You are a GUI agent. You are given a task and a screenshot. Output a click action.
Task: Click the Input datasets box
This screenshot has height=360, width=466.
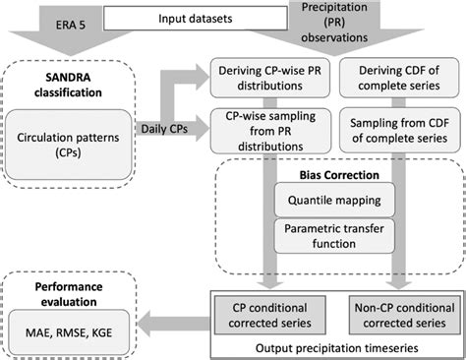pos(196,19)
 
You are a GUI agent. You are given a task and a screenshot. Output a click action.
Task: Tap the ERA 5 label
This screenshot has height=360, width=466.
pos(71,25)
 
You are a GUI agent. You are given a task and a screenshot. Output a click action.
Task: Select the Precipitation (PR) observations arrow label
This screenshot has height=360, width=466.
pos(334,23)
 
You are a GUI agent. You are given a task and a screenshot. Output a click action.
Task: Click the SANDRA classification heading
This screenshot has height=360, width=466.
pos(68,85)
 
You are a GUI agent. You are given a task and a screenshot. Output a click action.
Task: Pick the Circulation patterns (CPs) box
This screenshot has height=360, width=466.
pos(68,145)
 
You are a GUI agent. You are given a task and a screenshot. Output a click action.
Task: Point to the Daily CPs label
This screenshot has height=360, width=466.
pos(164,129)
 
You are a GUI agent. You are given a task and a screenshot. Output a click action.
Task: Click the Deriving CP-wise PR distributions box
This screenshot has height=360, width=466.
pos(270,78)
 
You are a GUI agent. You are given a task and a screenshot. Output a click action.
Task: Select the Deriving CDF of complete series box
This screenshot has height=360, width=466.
pos(399,78)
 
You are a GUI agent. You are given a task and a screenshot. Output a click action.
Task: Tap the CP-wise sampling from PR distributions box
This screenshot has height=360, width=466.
pos(270,131)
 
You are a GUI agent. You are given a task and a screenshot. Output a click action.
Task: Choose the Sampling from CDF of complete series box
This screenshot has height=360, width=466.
pos(400,131)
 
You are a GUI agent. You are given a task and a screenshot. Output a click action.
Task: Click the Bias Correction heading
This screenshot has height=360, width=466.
pos(339,175)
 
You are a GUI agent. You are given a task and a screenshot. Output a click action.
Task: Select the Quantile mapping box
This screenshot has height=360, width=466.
pos(334,200)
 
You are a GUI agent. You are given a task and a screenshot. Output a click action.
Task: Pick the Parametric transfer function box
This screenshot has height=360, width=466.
pos(334,236)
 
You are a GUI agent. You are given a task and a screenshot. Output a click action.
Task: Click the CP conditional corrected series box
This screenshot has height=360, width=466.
pos(270,315)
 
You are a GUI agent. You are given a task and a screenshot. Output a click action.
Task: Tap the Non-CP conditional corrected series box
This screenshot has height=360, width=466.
pos(405,315)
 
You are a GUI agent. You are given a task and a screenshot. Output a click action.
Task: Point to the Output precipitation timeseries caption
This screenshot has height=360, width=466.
pos(337,348)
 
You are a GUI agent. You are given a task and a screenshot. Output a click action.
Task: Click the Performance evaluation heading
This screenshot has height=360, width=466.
pos(69,294)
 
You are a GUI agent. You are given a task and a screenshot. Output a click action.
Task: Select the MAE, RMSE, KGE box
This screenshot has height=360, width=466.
pos(69,332)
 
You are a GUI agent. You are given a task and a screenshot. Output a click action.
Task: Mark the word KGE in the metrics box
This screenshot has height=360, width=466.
pos(102,332)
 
